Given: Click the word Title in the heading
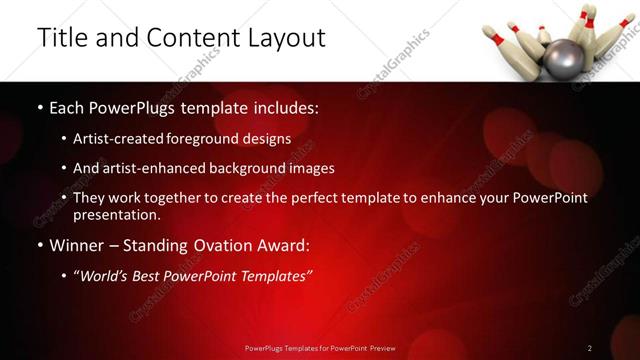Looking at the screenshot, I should tap(61, 38).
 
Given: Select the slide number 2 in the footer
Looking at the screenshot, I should tap(589, 348).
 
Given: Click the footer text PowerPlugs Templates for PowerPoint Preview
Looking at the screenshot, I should tap(320, 348).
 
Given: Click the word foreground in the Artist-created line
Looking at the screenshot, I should tap(219, 139).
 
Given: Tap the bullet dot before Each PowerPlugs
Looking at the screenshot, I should tap(39, 107).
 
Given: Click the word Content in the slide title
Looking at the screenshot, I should tap(192, 38).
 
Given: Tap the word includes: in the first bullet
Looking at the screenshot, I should tap(285, 107).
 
